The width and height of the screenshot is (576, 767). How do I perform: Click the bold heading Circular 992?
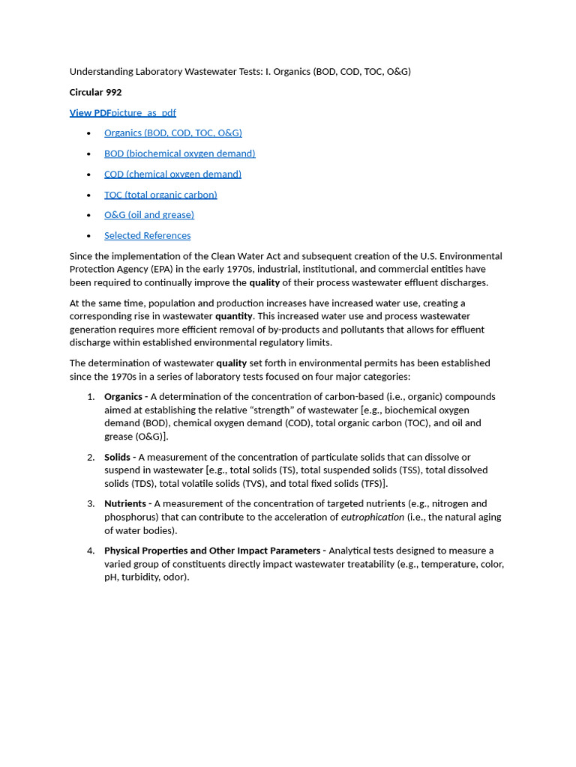pyautogui.click(x=95, y=92)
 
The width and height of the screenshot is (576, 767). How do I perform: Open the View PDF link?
pyautogui.click(x=90, y=112)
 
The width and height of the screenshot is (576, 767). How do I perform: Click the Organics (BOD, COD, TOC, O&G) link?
pyautogui.click(x=172, y=133)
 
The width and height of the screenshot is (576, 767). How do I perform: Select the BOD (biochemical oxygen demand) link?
pyautogui.click(x=179, y=153)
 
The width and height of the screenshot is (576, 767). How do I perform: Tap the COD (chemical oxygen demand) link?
pyautogui.click(x=172, y=174)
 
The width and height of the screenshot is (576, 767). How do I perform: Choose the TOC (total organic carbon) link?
pyautogui.click(x=160, y=194)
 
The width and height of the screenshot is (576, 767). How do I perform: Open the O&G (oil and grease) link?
pyautogui.click(x=148, y=214)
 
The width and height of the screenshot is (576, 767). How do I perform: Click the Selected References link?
pyautogui.click(x=147, y=235)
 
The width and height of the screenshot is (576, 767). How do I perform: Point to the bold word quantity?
pyautogui.click(x=233, y=316)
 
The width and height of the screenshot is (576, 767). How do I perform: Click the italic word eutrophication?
pyautogui.click(x=372, y=517)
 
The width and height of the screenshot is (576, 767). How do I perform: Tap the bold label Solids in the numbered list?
pyautogui.click(x=117, y=457)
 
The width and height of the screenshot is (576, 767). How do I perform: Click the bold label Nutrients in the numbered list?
pyautogui.click(x=125, y=503)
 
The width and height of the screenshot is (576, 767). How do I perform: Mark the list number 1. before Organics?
pyautogui.click(x=91, y=396)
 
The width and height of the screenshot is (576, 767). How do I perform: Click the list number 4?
pyautogui.click(x=91, y=551)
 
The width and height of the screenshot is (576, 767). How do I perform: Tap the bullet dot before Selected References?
pyautogui.click(x=88, y=235)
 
